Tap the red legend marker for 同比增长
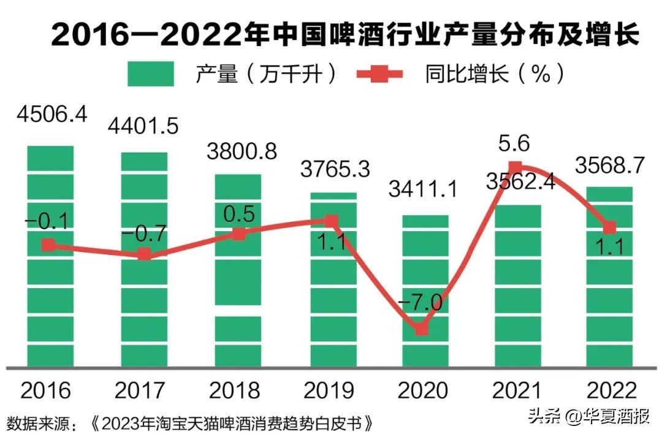click(x=380, y=74)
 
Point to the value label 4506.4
click(x=53, y=115)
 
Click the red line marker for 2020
click(x=421, y=329)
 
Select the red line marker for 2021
click(x=516, y=166)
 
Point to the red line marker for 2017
click(x=144, y=254)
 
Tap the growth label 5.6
click(x=515, y=143)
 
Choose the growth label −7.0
click(x=421, y=303)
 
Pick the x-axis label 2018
click(x=236, y=390)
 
